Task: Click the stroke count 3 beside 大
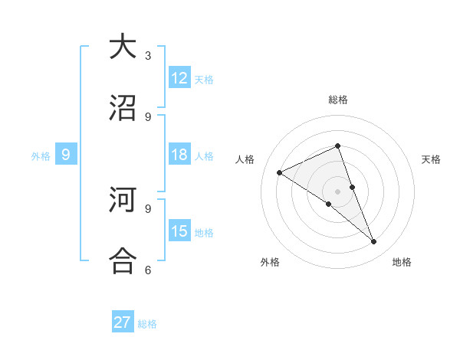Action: tap(148, 56)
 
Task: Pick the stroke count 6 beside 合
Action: tap(148, 270)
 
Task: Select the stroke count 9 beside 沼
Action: tap(148, 116)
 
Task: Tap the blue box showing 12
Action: tap(179, 78)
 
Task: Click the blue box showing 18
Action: tap(179, 155)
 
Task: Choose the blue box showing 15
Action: tap(179, 231)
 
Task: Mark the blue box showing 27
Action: tap(123, 322)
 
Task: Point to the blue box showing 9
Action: tap(66, 155)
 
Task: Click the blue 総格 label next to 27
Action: tap(147, 324)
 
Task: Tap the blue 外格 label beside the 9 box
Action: tap(41, 156)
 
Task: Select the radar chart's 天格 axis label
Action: tap(431, 159)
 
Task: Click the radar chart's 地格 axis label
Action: tap(402, 262)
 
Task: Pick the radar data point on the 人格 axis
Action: tap(280, 172)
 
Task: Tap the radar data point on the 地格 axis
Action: tap(374, 241)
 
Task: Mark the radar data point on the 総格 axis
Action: tap(337, 146)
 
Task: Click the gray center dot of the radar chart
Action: tap(337, 191)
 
